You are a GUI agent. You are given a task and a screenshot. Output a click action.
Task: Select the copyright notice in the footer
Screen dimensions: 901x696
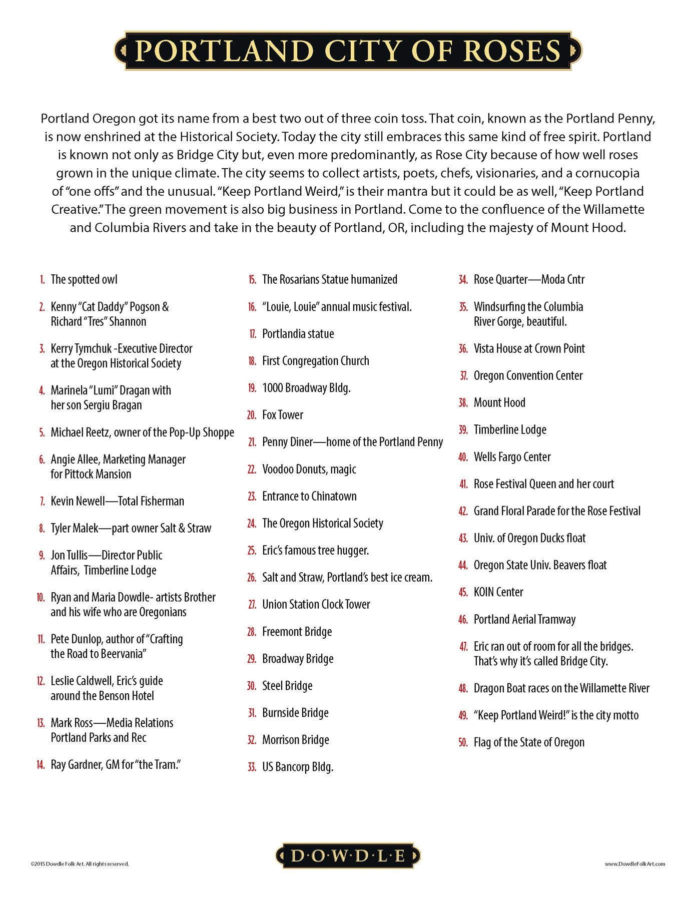80,864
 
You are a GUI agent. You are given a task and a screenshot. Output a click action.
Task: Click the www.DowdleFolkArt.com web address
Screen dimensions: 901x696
634,864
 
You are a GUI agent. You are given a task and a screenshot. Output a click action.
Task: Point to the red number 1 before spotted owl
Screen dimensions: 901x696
43,280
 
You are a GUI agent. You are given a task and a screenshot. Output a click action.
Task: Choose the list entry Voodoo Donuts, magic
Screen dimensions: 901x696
309,470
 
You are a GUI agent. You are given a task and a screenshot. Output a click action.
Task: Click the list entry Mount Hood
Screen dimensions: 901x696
499,403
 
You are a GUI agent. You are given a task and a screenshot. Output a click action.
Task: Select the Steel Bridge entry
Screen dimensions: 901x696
287,686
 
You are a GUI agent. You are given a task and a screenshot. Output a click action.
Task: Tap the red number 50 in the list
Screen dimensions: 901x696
463,743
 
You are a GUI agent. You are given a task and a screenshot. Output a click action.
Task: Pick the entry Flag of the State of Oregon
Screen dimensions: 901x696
528,743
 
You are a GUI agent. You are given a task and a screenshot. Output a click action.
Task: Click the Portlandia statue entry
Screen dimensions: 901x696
298,334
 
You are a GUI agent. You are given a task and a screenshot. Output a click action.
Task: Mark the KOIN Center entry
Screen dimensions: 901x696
498,592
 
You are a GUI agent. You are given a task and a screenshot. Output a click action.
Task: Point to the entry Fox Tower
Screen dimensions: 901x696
282,415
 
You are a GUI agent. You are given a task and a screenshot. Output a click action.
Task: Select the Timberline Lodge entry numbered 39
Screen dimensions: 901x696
509,430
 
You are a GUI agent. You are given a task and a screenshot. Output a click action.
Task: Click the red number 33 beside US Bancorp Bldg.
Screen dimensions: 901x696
252,767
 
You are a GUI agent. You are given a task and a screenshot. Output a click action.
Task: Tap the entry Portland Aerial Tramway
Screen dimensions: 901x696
524,620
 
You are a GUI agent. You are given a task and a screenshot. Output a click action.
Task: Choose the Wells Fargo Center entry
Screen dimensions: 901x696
512,457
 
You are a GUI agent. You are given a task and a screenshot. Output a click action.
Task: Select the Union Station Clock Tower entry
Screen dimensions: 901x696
316,605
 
